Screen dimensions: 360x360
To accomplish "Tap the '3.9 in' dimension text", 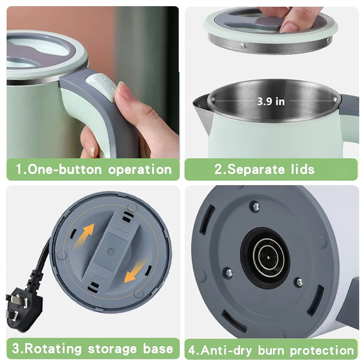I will coord(271,102).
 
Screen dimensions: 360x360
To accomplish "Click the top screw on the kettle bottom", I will coord(256,206).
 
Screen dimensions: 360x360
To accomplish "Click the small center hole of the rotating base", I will coord(111,252).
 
